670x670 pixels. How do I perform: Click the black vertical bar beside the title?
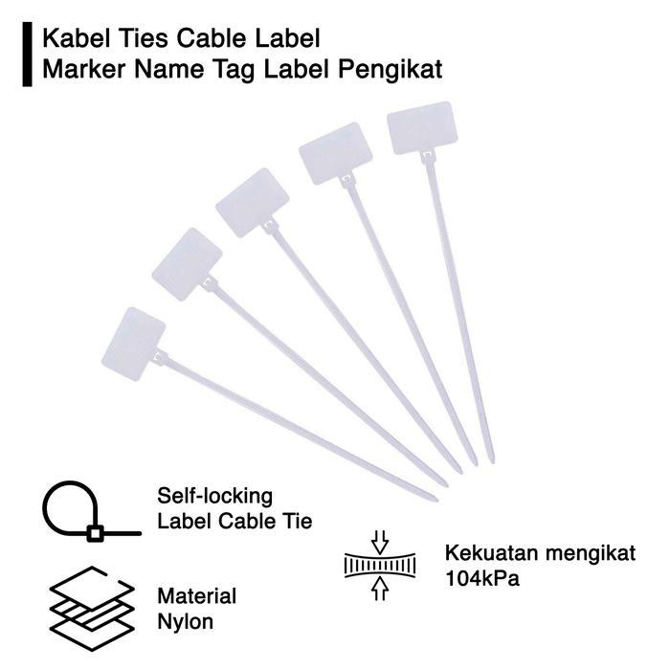point(28,56)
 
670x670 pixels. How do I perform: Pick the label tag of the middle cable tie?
point(252,202)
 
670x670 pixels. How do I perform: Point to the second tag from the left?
point(187,263)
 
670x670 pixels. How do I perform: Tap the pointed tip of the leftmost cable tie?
point(433,498)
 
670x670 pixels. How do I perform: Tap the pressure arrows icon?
point(379,567)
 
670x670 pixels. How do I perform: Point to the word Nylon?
point(186,622)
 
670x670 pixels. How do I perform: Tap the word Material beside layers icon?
point(196,596)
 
